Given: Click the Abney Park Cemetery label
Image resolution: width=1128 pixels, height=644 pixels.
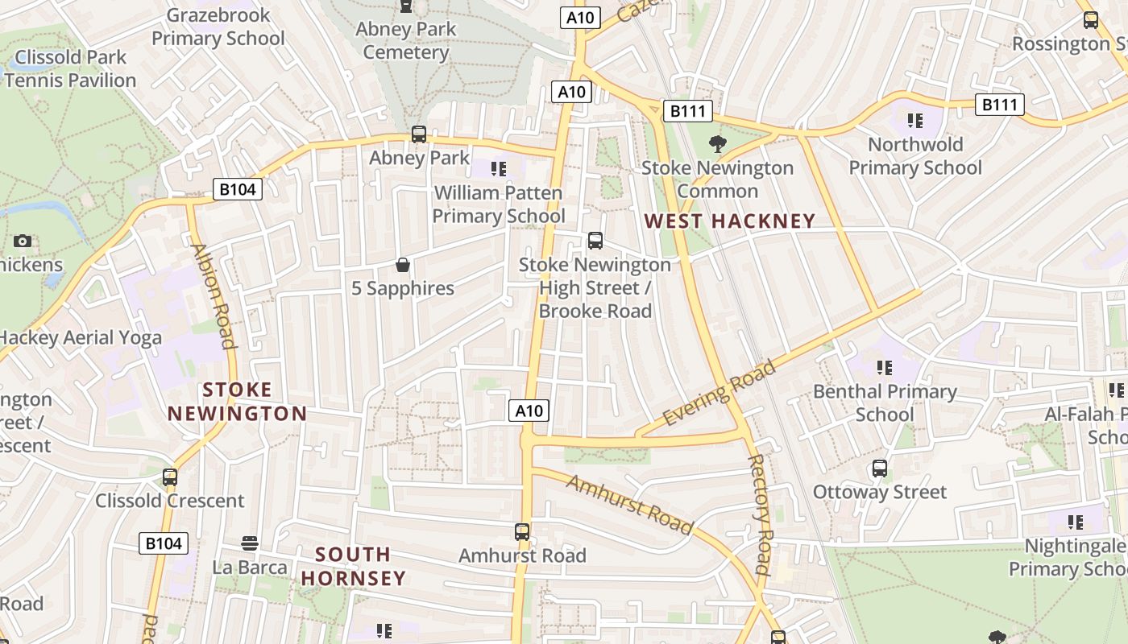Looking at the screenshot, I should tap(405, 41).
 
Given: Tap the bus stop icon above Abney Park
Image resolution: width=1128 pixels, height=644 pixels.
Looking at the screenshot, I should tap(419, 134).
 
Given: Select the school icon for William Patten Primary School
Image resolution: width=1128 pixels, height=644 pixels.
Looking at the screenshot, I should tap(499, 169).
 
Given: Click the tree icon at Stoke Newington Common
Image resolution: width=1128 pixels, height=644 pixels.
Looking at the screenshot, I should tap(717, 144).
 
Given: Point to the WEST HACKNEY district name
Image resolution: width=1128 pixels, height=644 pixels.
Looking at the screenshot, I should tap(730, 221).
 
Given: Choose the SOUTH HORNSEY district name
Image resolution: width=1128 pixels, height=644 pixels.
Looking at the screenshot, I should tap(353, 566).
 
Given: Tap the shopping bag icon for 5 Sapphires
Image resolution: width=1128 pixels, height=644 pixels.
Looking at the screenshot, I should tap(403, 265).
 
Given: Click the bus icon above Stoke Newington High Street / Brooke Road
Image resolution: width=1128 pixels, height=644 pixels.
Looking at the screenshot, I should tap(595, 240).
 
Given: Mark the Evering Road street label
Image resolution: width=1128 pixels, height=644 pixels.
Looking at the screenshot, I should tap(719, 393).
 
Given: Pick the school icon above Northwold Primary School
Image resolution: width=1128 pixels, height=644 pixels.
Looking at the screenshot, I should tap(914, 121).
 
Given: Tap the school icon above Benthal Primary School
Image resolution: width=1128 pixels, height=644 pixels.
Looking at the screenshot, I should tap(885, 368).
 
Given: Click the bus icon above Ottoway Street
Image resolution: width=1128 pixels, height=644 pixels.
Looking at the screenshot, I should tap(880, 468).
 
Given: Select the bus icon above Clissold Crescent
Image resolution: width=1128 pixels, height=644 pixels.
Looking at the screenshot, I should tap(170, 477).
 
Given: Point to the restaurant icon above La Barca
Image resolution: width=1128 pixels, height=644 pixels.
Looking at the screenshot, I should tap(250, 543).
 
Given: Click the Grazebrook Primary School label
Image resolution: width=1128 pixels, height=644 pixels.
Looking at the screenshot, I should tap(218, 27).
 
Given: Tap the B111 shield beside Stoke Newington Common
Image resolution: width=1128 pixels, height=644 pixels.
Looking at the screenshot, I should tap(687, 111).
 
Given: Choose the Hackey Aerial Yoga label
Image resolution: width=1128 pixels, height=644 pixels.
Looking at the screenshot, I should tap(81, 338).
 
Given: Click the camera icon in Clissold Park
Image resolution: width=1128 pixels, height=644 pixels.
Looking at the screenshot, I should tap(23, 241).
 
